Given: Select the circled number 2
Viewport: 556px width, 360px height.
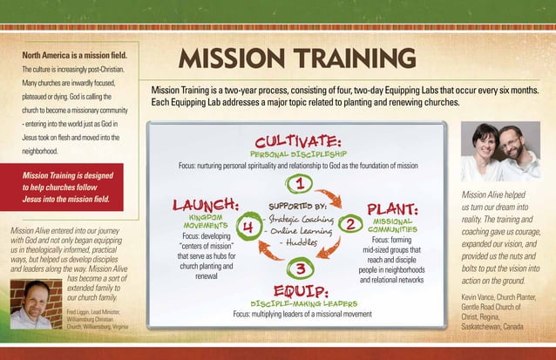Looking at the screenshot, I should coord(350,226).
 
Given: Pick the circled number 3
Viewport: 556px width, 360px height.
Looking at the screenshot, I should coord(299,267).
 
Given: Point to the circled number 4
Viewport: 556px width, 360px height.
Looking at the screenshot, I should coord(248,227).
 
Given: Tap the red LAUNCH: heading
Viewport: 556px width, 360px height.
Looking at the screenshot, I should coord(206,205).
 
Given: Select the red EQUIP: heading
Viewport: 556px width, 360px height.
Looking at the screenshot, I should coord(300,289).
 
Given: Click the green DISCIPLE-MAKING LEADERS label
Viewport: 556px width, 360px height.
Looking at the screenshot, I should coord(300,302).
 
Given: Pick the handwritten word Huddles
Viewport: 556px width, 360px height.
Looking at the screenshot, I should coord(302,242).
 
